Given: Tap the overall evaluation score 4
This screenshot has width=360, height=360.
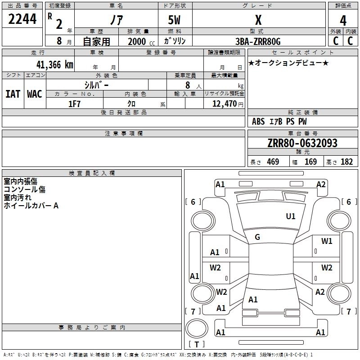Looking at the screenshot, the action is [x=343, y=20].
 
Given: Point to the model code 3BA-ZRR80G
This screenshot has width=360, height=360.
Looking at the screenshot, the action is [x=258, y=41].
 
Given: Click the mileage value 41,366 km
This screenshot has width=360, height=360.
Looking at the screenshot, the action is [x=52, y=64].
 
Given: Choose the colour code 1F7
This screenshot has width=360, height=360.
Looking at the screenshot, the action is [x=75, y=103].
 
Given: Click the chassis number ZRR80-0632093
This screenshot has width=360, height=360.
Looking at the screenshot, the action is [x=302, y=143].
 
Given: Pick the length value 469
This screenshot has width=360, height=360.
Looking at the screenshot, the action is [x=273, y=162].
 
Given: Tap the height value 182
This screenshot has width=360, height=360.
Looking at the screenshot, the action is [x=346, y=162].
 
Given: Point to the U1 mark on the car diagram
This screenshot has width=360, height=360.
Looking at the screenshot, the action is [x=291, y=216].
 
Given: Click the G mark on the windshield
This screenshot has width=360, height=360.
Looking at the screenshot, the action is [x=257, y=237].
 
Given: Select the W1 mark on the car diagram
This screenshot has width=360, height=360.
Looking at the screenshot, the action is [x=327, y=241].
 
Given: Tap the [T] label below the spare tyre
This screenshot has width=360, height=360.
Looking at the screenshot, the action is [x=196, y=345].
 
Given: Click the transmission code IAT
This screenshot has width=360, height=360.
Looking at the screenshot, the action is [x=13, y=94].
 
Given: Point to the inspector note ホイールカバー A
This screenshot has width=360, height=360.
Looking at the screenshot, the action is [x=31, y=206].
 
